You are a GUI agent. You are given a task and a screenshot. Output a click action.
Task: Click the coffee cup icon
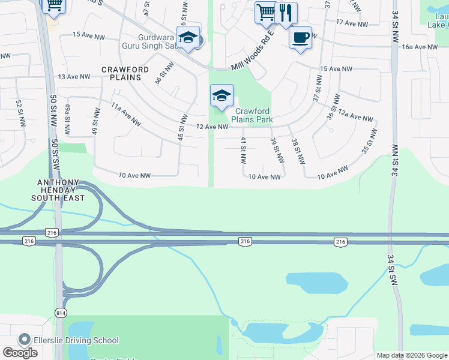(x=300, y=37)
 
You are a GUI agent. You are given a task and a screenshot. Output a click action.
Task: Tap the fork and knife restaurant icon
(x=286, y=12)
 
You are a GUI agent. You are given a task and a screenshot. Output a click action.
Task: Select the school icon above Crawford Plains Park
(x=221, y=96)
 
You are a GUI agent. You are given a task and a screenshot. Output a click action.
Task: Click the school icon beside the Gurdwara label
(x=188, y=37)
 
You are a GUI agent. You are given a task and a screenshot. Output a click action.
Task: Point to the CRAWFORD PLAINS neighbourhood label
(x=125, y=73)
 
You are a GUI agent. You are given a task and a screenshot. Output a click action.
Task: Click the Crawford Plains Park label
(x=253, y=115)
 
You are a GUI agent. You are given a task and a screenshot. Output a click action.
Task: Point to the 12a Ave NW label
(x=355, y=115)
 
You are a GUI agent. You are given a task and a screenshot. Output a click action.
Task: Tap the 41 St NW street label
(x=243, y=150)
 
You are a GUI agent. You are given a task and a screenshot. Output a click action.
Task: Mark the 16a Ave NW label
(x=420, y=47)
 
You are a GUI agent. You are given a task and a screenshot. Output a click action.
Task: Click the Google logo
(x=20, y=353)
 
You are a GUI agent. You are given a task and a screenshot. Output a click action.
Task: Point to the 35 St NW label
(x=369, y=142)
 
